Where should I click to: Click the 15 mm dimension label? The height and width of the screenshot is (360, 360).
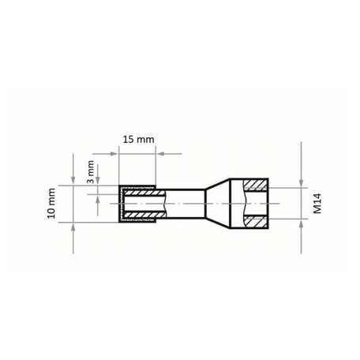point(139,140)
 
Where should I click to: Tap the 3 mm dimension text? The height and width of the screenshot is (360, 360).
point(90,171)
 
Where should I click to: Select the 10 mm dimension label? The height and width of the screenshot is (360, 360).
point(51,204)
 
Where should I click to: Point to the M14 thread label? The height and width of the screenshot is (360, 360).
point(317,204)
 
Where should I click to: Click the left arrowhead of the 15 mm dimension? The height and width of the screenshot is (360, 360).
point(114,154)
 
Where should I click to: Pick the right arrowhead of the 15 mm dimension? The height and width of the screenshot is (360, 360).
point(160,154)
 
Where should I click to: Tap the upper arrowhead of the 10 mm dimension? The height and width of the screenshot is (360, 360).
point(73,181)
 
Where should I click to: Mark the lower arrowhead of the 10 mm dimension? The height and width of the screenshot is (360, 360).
point(73,227)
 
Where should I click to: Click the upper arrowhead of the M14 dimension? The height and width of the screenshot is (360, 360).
point(302,183)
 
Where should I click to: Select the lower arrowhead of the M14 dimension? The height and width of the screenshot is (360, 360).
point(302,223)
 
